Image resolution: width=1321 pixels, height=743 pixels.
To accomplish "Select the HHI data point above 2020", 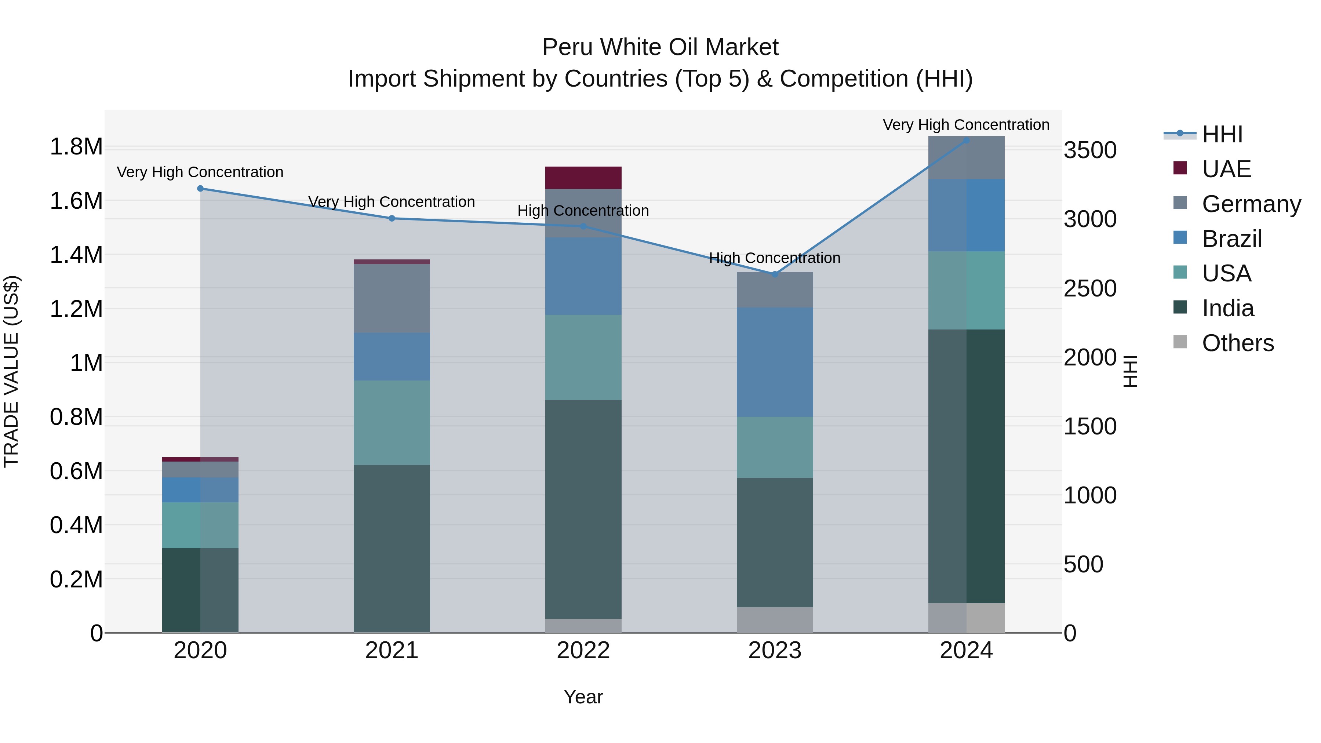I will [x=200, y=189].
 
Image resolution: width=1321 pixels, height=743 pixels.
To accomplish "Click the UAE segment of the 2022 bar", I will [x=583, y=178].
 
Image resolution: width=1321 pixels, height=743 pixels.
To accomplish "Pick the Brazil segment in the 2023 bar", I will [x=775, y=362].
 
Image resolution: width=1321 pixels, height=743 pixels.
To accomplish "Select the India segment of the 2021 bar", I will [x=392, y=548].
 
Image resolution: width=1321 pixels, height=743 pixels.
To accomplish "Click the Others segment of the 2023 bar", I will [x=775, y=620].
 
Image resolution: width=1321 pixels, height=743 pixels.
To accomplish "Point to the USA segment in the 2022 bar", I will [x=583, y=357].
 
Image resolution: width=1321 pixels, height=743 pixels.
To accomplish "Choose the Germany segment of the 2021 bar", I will [x=392, y=298].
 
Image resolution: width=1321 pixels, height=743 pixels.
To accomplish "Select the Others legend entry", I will [x=1237, y=343].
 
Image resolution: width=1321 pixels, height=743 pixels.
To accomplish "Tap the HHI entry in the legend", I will [x=1222, y=134].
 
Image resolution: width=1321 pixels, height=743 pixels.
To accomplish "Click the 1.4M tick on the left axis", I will [x=76, y=255].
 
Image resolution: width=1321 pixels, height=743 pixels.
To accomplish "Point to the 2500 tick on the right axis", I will [x=1090, y=289].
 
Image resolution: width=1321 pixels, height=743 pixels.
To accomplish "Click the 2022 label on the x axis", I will [x=583, y=651].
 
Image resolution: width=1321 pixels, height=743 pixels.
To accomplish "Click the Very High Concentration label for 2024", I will [x=966, y=125].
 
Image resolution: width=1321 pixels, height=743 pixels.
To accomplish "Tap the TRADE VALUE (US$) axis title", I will [x=12, y=371].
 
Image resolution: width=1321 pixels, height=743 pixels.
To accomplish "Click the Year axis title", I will [x=583, y=697].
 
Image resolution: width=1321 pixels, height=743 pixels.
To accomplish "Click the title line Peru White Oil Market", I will [x=660, y=47].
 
